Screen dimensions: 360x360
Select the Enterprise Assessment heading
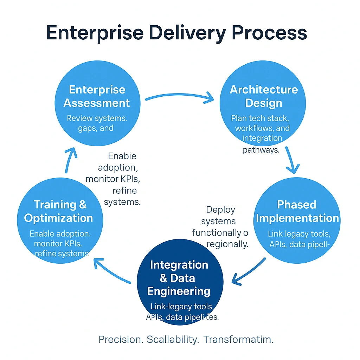point(97,96)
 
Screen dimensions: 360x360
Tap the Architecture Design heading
point(264,96)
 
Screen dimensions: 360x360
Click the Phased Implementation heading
point(297,211)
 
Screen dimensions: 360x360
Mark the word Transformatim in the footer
point(238,340)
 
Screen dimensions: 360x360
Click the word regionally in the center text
point(227,244)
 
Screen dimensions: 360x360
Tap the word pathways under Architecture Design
point(261,150)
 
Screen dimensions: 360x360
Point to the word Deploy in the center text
point(220,210)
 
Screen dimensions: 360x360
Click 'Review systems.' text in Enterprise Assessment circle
point(97,118)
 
